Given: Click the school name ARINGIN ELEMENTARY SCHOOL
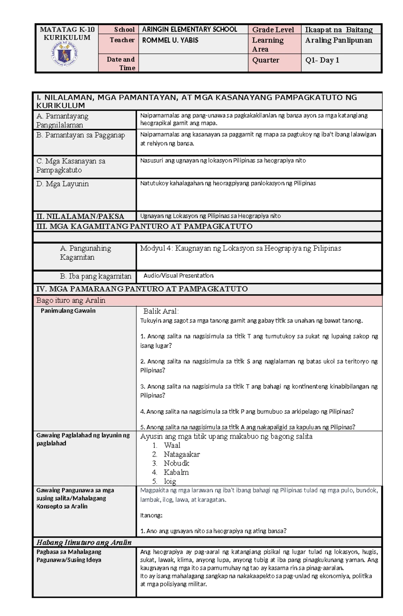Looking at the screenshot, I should point(189,30).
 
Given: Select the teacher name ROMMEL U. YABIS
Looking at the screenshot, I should point(170,40).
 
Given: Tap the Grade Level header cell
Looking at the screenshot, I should point(273,30).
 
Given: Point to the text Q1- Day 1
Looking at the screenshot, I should point(322,60).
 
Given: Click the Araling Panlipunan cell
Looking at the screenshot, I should point(339,40).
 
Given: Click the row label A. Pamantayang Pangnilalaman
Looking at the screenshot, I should point(62,121).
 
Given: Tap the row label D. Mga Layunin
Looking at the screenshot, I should point(62,184).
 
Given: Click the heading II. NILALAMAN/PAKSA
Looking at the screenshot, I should point(80,217).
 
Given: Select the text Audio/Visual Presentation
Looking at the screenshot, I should point(178,276).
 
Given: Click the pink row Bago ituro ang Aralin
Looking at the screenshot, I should point(71,300).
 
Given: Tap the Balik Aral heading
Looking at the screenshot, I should point(161,311).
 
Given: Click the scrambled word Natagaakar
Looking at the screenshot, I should point(182,455).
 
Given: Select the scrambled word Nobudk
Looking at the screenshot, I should point(176,464).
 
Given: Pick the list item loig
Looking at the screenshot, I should point(170,481).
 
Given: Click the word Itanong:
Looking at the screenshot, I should point(151,515).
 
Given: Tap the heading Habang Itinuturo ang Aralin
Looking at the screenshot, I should point(84,542).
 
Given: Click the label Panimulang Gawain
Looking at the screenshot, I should point(68,311).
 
